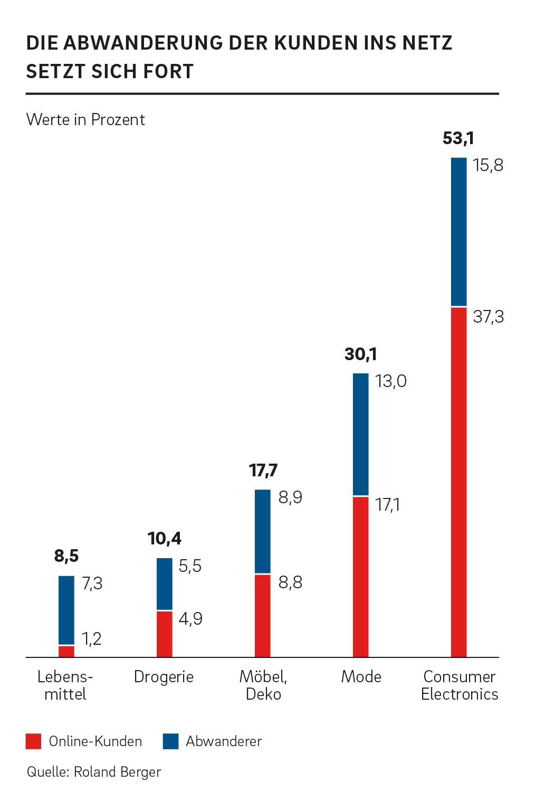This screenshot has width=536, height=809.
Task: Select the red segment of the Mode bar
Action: tap(361, 576)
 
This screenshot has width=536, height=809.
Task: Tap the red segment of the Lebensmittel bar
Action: tap(66, 651)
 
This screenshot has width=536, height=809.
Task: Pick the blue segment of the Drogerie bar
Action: tap(164, 584)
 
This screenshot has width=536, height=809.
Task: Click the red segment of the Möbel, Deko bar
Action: tap(262, 615)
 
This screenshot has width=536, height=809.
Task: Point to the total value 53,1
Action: tap(458, 139)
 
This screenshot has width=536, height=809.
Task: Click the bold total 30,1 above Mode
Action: tap(360, 354)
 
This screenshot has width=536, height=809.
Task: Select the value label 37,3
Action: tap(488, 317)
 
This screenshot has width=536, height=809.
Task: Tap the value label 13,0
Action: tap(390, 381)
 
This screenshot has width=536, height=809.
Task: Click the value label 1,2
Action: tap(92, 639)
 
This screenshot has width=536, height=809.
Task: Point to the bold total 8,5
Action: tap(66, 556)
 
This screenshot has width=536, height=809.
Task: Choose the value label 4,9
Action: tap(190, 618)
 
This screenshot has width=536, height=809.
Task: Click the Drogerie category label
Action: tap(164, 676)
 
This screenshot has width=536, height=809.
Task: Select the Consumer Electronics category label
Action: tap(460, 685)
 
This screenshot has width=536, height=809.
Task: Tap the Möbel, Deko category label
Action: tap(263, 685)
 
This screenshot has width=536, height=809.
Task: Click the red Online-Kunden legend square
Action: tap(33, 741)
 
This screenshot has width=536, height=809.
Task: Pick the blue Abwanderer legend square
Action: tap(170, 741)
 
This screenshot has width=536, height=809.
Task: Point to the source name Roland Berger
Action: tap(117, 772)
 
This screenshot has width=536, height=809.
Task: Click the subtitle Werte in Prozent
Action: tap(85, 119)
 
